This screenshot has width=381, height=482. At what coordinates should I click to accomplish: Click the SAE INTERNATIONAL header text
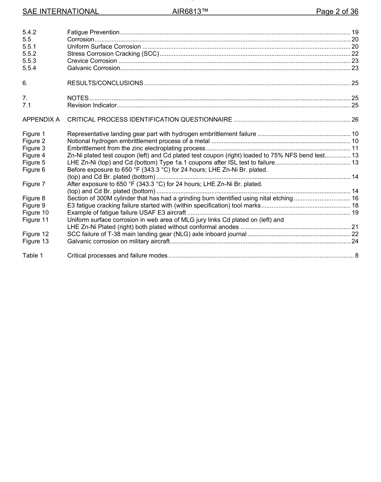click(61, 12)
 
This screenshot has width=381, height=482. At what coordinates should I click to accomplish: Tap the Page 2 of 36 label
click(337, 12)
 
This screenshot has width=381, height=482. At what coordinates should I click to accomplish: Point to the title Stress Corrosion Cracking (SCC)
click(113, 54)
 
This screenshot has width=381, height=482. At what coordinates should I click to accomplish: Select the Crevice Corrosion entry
click(92, 61)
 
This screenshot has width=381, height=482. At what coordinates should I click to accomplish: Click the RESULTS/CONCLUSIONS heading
click(105, 83)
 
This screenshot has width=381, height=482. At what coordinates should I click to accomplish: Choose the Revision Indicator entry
click(92, 105)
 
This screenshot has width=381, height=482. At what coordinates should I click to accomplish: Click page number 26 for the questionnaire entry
click(355, 119)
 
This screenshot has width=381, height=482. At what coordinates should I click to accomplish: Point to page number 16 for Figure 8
click(355, 198)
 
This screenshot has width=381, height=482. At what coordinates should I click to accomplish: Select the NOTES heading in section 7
click(78, 98)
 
